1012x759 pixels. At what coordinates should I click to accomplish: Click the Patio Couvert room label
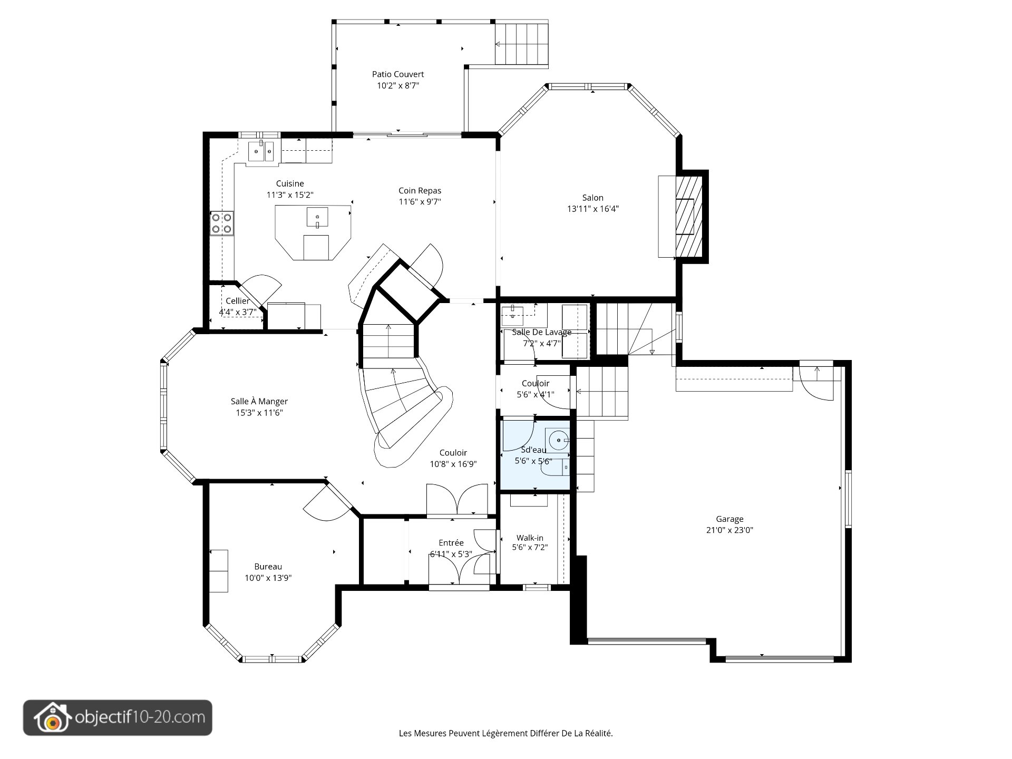coord(398,74)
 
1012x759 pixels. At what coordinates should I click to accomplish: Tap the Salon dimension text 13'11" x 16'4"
coord(592,209)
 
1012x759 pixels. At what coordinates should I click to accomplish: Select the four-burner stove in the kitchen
coord(222,223)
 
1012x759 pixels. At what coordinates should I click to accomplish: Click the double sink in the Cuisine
coord(261,151)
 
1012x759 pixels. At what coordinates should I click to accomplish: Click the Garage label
coord(729,519)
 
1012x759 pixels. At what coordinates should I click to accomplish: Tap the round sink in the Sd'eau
coord(559,440)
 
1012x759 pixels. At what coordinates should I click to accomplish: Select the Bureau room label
coord(268,567)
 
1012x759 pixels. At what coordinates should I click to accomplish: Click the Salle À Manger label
coord(259,402)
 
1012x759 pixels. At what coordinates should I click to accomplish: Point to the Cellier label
coord(238,301)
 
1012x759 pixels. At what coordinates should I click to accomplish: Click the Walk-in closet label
coord(530,538)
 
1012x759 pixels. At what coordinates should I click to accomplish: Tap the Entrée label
coord(451,543)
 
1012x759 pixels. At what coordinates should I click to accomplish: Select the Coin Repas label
coord(420,191)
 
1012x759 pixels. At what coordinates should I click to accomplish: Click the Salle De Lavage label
coord(542,332)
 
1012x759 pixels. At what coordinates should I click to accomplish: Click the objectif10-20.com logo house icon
coord(52,718)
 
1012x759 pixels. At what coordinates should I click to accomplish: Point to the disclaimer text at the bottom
coord(506,733)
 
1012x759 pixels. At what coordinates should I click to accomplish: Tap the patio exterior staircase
coord(521,44)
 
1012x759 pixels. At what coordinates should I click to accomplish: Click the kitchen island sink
coord(317,217)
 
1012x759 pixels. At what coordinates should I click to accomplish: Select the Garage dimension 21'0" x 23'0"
coord(729,530)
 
